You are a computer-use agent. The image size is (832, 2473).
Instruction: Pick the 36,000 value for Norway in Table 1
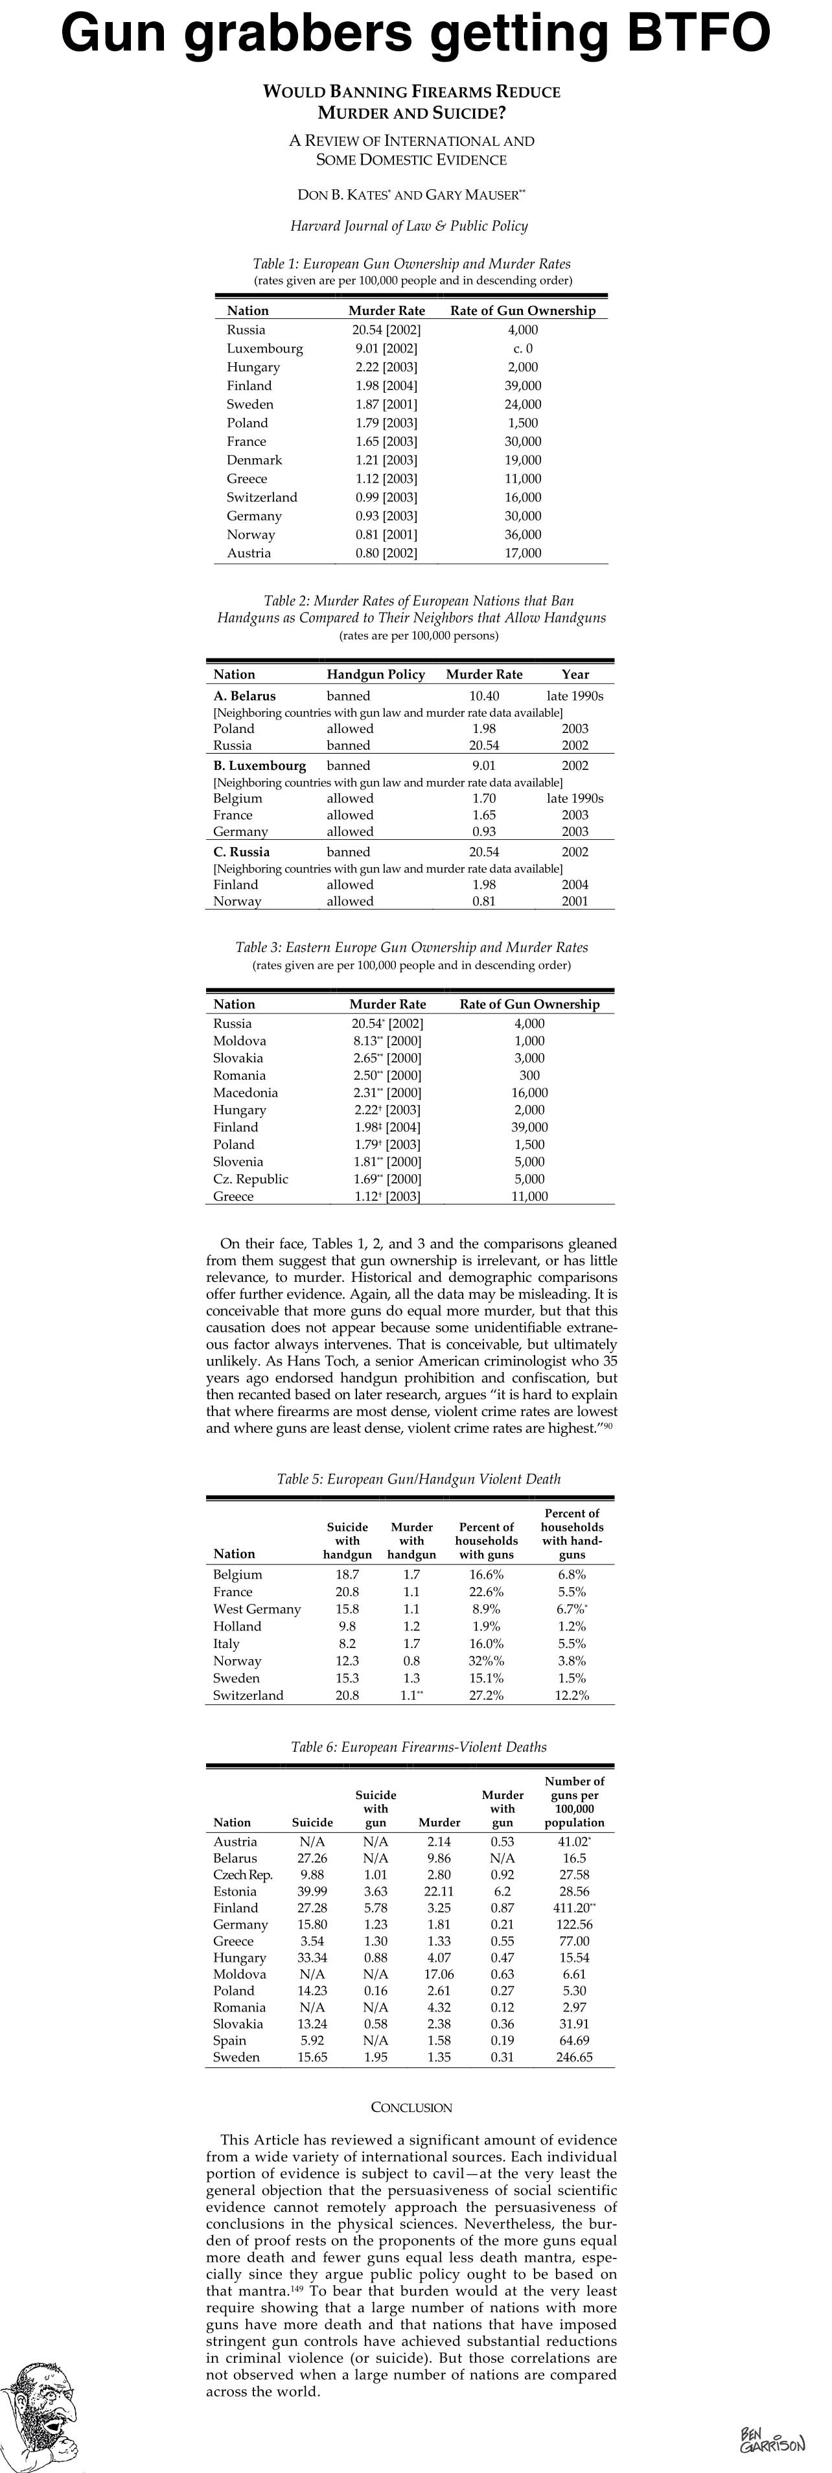pos(523,535)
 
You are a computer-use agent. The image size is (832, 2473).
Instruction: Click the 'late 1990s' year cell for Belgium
pos(575,798)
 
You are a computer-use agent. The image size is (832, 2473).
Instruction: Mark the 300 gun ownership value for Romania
pos(529,1075)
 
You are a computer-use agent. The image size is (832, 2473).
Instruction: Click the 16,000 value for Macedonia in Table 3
pos(529,1093)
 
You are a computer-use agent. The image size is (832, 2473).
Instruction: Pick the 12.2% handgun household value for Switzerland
pos(572,1695)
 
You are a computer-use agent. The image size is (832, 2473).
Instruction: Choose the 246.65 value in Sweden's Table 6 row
pos(574,2058)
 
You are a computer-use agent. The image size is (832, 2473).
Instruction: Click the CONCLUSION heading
pos(411,2107)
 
